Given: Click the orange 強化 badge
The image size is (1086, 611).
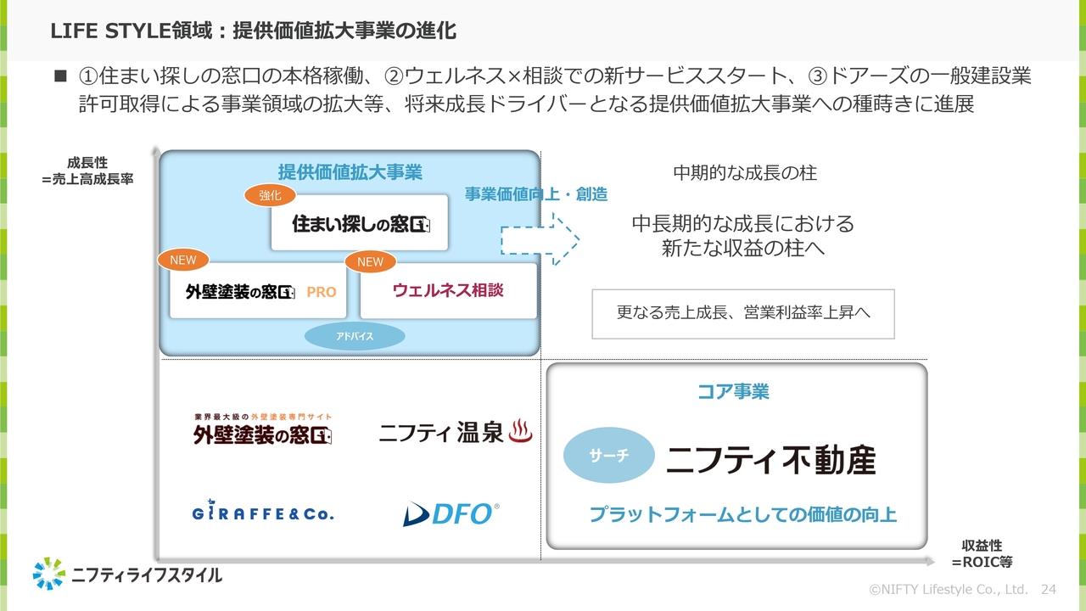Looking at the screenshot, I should (x=270, y=195).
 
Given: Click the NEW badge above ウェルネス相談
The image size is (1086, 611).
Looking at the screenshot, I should (x=370, y=262).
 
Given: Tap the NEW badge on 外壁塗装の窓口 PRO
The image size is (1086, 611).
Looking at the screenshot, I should (x=183, y=261).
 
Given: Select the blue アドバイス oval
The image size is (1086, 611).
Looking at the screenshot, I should (x=355, y=337).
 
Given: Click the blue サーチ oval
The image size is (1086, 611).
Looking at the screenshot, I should (x=609, y=456).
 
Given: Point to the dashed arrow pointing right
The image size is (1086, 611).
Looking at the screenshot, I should (x=540, y=240).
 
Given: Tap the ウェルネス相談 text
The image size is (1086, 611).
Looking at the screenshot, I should (x=448, y=290).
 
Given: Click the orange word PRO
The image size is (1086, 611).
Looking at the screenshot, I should (x=322, y=292).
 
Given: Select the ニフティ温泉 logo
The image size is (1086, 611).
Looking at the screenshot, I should (x=455, y=434).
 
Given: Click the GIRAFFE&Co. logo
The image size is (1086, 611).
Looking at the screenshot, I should (x=262, y=512).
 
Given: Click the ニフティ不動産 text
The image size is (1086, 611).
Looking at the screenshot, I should (x=770, y=460).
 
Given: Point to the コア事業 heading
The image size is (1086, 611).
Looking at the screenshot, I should (x=733, y=392).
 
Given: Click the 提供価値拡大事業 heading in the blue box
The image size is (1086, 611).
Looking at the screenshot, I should (x=350, y=172).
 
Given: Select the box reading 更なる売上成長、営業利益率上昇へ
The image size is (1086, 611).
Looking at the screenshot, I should (x=743, y=312).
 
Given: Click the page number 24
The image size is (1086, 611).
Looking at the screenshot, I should (x=1048, y=589).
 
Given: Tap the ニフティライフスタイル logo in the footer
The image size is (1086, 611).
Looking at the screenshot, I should (x=127, y=575).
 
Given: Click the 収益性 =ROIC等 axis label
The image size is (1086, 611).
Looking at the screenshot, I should (x=982, y=553).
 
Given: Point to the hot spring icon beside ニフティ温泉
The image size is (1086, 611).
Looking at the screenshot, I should (x=520, y=433).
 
